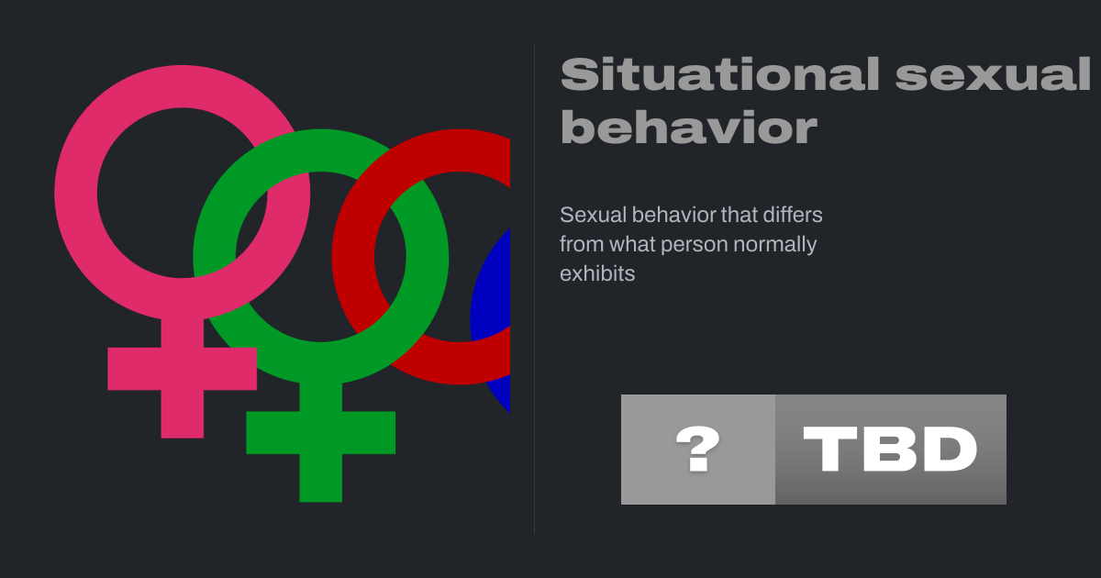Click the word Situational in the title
[x=720, y=74]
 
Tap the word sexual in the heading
[x=993, y=74]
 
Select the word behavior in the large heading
[x=689, y=127]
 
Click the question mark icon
[x=698, y=450]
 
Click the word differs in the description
[x=793, y=215]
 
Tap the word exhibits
[x=597, y=273]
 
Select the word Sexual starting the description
[x=594, y=215]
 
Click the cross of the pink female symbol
[x=183, y=377]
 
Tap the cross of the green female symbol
[x=321, y=441]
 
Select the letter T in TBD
[x=827, y=450]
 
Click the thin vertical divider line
[x=534, y=289]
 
